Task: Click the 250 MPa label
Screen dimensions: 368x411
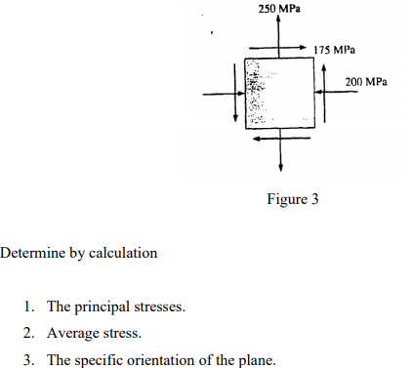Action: coord(281,9)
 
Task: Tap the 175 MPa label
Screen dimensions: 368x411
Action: coord(336,49)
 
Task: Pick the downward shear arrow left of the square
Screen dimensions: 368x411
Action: coord(235,94)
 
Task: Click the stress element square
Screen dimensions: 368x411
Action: coord(279,93)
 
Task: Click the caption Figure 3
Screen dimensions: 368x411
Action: coord(293,200)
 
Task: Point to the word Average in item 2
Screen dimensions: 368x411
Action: coord(71,335)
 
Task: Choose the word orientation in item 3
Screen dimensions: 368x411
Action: coord(165,361)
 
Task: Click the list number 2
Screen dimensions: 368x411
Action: coord(29,335)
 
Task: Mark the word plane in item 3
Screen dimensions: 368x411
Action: coord(257,361)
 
